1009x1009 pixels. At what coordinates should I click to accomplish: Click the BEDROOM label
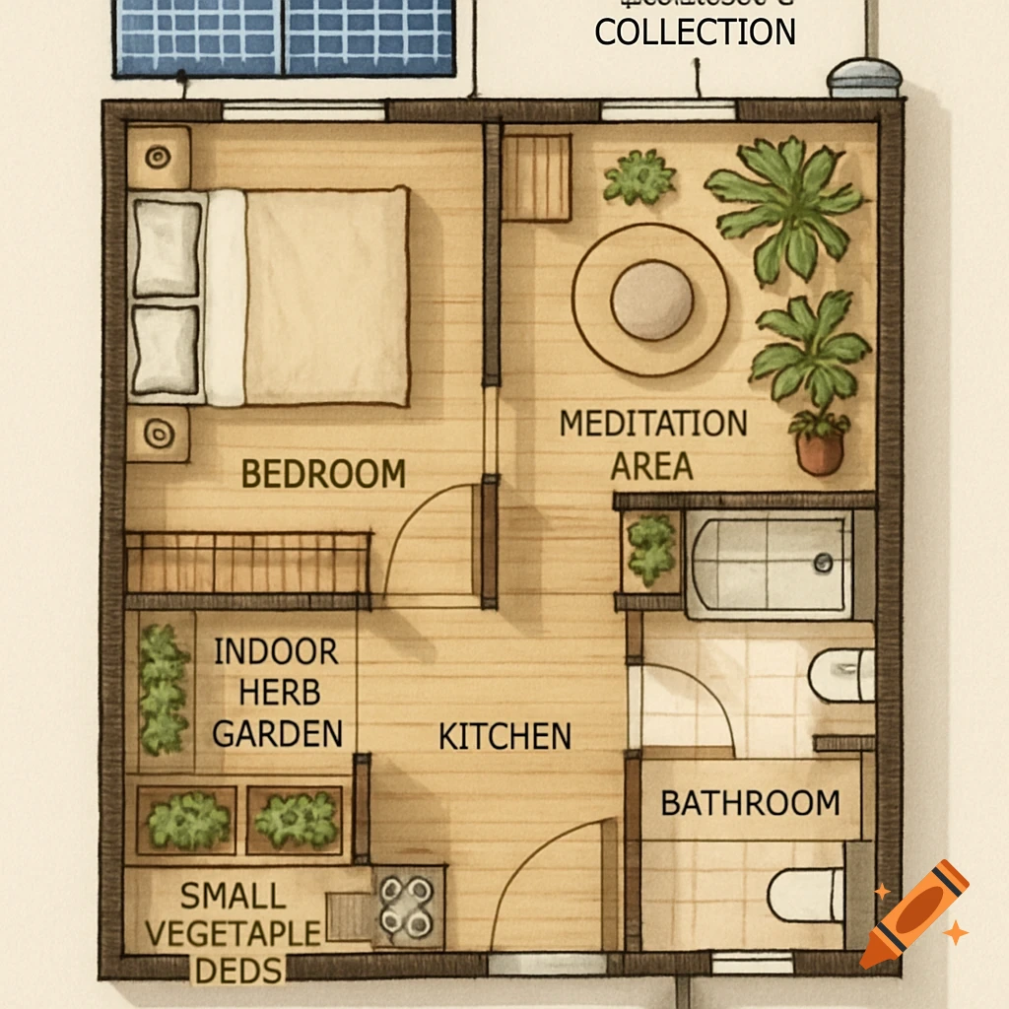[323, 474]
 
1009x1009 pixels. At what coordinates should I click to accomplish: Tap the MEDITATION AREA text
[652, 444]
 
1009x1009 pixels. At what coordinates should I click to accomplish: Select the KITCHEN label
[504, 736]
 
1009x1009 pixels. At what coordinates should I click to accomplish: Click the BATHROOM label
[750, 802]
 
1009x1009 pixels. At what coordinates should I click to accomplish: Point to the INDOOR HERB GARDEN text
[277, 692]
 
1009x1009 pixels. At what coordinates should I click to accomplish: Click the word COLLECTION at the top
[695, 32]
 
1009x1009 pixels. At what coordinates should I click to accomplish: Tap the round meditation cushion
[651, 300]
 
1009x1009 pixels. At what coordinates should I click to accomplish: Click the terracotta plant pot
[820, 451]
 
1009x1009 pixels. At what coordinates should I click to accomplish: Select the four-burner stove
[408, 906]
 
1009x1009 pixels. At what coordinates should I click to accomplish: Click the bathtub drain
[823, 563]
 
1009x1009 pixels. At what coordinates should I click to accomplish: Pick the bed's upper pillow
[167, 247]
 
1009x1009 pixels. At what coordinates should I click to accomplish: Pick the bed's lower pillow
[167, 350]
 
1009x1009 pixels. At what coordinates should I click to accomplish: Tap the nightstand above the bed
[158, 156]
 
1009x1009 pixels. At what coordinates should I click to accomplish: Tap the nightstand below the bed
[158, 432]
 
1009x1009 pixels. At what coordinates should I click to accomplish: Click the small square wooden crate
[537, 177]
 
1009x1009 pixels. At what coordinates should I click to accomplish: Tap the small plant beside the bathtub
[651, 549]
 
